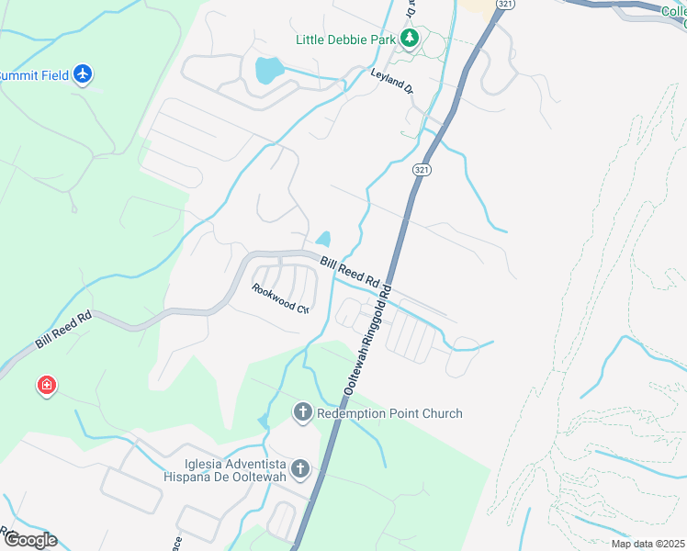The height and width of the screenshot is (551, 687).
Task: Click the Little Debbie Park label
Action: tap(345, 39)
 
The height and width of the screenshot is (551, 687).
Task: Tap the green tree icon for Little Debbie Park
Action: tap(410, 39)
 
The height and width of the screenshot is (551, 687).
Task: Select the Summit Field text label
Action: tap(35, 75)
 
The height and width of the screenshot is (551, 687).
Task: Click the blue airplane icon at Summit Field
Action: tap(84, 73)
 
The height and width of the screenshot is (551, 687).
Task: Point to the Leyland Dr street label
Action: tap(392, 83)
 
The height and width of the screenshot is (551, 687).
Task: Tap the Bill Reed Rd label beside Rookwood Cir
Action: tap(350, 271)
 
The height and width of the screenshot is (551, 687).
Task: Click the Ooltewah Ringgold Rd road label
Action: tap(367, 340)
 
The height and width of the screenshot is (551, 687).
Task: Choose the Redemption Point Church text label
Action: tap(389, 414)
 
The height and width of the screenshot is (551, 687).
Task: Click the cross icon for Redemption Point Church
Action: tap(303, 413)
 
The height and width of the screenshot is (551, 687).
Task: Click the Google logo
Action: tap(29, 540)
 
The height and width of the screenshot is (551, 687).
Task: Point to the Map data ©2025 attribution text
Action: tap(647, 544)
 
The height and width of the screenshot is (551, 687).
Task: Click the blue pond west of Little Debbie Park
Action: tap(267, 69)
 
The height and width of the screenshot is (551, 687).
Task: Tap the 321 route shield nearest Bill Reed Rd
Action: tap(421, 171)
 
